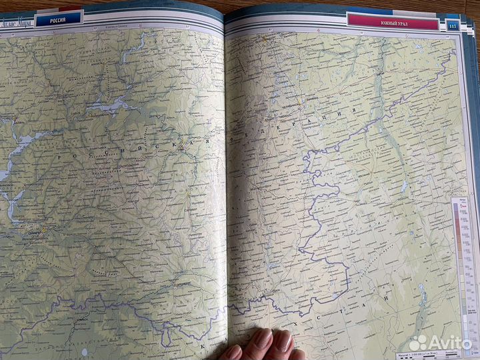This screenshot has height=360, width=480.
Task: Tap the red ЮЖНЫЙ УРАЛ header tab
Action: pos(393,21)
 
